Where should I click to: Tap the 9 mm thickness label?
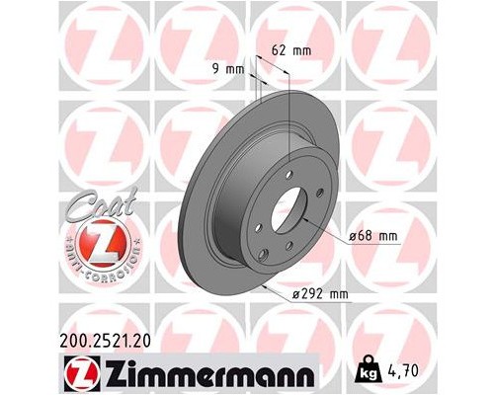[x=228, y=69]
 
